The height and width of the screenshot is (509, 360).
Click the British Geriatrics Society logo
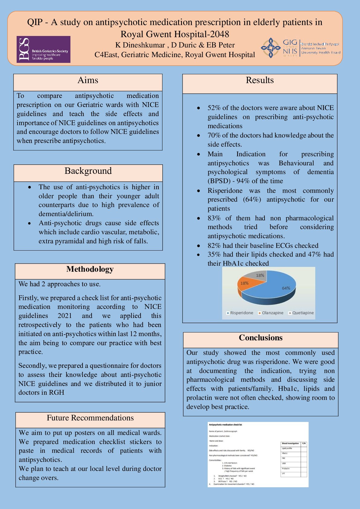point(44,49)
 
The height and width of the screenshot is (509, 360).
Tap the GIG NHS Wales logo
point(300,48)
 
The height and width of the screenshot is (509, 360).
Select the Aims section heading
point(88,80)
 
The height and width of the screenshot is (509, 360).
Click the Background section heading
point(88,171)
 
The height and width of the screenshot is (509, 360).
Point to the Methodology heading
point(90,269)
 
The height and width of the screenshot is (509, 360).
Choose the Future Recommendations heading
point(90,418)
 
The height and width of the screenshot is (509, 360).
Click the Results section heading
point(260,80)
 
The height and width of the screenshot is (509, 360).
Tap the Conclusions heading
point(261,338)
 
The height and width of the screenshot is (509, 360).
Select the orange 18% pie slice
point(246,284)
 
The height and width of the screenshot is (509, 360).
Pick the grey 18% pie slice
point(258,275)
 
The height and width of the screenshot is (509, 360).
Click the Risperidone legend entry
point(240,313)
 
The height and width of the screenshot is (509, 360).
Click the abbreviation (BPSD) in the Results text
point(218,181)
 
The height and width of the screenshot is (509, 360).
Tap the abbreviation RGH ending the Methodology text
point(57,393)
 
